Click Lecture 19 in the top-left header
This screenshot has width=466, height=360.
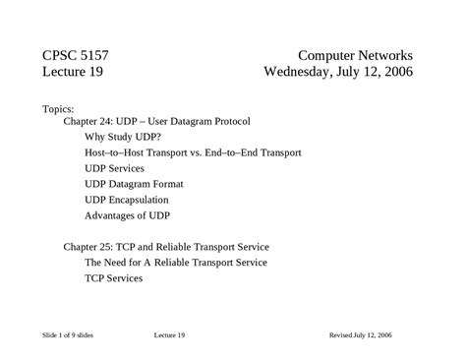point(74,72)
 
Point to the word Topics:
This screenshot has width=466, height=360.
point(59,107)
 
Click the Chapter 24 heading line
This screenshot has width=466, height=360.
point(157,121)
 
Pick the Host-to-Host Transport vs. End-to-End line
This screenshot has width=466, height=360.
point(193,152)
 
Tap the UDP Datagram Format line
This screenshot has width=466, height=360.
point(134,184)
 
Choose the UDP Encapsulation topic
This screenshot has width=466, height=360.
point(127,200)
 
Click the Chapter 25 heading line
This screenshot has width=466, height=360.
point(166,247)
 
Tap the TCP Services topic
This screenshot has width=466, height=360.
point(114,278)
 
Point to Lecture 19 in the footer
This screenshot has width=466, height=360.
point(169,335)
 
